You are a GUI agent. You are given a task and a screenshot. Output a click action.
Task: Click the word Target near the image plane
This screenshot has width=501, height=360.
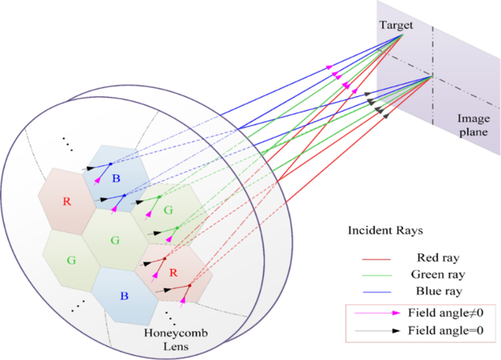coord(397,25)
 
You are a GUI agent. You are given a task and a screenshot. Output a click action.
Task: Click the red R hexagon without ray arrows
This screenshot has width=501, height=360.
coord(68,200)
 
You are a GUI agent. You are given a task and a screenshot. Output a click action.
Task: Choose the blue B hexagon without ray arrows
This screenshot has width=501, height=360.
coord(124,292)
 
